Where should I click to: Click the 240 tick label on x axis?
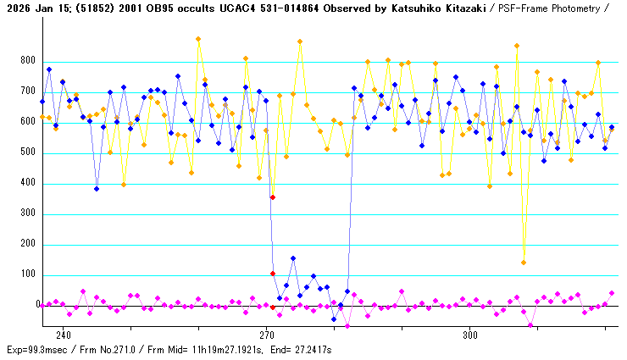tap(63, 335)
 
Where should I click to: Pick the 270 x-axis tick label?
tap(266, 335)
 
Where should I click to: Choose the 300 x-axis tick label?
tap(469, 335)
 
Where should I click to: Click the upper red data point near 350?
tap(273, 197)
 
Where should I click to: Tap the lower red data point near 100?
tap(273, 274)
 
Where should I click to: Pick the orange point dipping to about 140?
tap(524, 263)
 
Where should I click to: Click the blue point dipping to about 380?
tap(97, 189)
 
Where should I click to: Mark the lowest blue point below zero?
tap(334, 319)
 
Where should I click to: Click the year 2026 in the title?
tap(17, 8)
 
